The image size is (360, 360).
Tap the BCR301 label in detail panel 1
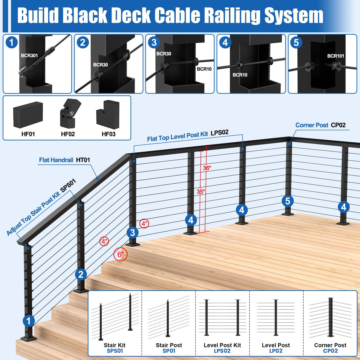pyautogui.click(x=29, y=55)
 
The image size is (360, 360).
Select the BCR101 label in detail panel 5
pyautogui.click(x=335, y=56)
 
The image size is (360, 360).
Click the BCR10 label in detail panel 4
pyautogui.click(x=240, y=75)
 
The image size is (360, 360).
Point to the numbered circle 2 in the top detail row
pyautogui.click(x=83, y=43)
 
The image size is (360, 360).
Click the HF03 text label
pyautogui.click(x=109, y=134)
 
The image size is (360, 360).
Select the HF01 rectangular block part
pyautogui.click(x=28, y=115)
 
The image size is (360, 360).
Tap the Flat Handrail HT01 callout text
pyautogui.click(x=64, y=160)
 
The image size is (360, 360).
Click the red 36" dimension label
pyautogui.click(x=207, y=168)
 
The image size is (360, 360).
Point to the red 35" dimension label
pyautogui.click(x=201, y=192)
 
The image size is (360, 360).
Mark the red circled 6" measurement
pyautogui.click(x=120, y=254)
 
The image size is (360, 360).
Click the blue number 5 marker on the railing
pyautogui.click(x=288, y=201)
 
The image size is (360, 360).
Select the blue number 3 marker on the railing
pyautogui.click(x=133, y=233)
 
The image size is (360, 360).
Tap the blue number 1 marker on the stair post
pyautogui.click(x=28, y=321)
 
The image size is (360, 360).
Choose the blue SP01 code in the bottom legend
pyautogui.click(x=169, y=351)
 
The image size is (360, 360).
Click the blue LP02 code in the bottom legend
pyautogui.click(x=275, y=351)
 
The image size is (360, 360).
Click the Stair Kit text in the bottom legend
pyautogui.click(x=114, y=345)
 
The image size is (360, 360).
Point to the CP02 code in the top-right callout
pyautogui.click(x=338, y=125)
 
